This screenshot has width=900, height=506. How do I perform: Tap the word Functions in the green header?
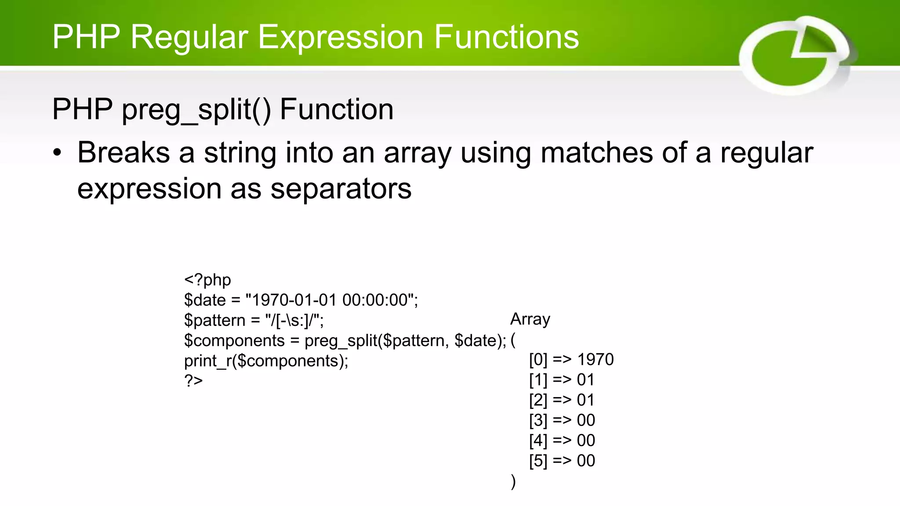(506, 37)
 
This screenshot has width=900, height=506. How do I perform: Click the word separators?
(341, 189)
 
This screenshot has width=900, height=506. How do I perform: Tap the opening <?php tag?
(207, 280)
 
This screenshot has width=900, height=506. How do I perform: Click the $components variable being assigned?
(234, 340)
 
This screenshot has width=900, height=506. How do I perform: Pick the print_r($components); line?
(266, 361)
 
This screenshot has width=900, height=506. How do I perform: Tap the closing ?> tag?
(193, 380)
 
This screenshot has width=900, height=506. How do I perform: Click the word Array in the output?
(530, 319)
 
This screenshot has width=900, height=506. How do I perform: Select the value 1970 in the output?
(595, 359)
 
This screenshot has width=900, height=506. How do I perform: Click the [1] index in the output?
(538, 379)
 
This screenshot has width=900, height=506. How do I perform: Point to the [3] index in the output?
(538, 420)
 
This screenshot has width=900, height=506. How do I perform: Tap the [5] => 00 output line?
(562, 461)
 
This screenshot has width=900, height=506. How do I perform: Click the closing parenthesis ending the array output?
(513, 481)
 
